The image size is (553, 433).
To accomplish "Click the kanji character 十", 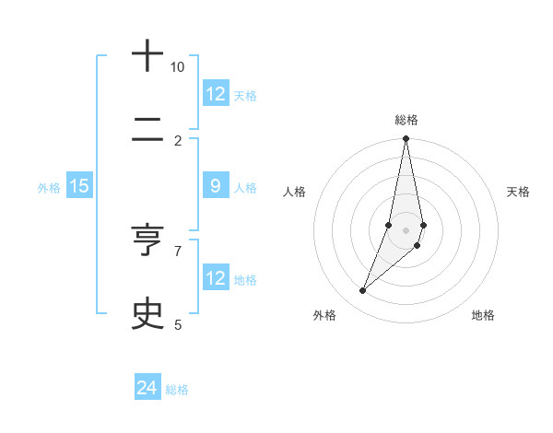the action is (147, 57).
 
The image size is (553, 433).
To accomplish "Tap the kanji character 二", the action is (147, 140).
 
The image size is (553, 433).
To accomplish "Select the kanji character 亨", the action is (147, 241).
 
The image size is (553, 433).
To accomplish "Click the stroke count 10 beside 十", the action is (177, 67).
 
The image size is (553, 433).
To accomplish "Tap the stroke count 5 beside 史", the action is (178, 324).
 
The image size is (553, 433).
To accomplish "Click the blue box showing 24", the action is (147, 389).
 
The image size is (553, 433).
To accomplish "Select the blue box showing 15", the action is (79, 186).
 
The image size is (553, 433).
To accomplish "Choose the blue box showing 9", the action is (216, 186).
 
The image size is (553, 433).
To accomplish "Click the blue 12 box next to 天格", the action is (216, 94).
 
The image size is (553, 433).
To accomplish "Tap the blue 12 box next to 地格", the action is (216, 278).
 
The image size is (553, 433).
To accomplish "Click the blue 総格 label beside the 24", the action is (177, 390).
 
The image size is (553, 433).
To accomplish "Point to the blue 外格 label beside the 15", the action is (49, 187).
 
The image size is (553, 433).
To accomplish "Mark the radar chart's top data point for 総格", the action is (406, 139).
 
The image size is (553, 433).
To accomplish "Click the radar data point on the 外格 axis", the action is (363, 291).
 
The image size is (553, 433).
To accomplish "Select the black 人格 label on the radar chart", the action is (294, 192).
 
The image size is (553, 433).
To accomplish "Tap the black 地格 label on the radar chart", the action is (483, 315).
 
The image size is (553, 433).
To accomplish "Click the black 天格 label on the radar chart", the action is (518, 192).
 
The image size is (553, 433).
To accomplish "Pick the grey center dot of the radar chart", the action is (406, 230).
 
